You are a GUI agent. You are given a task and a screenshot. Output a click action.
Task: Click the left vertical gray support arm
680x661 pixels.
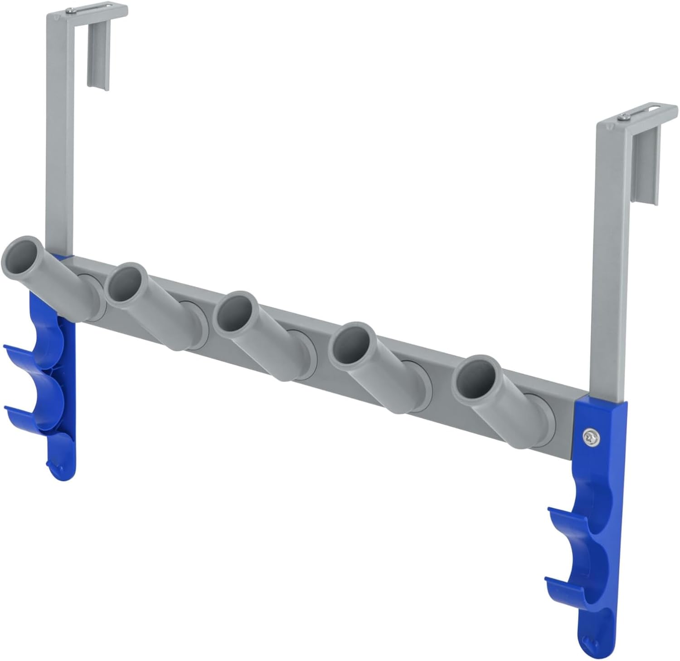57,136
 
